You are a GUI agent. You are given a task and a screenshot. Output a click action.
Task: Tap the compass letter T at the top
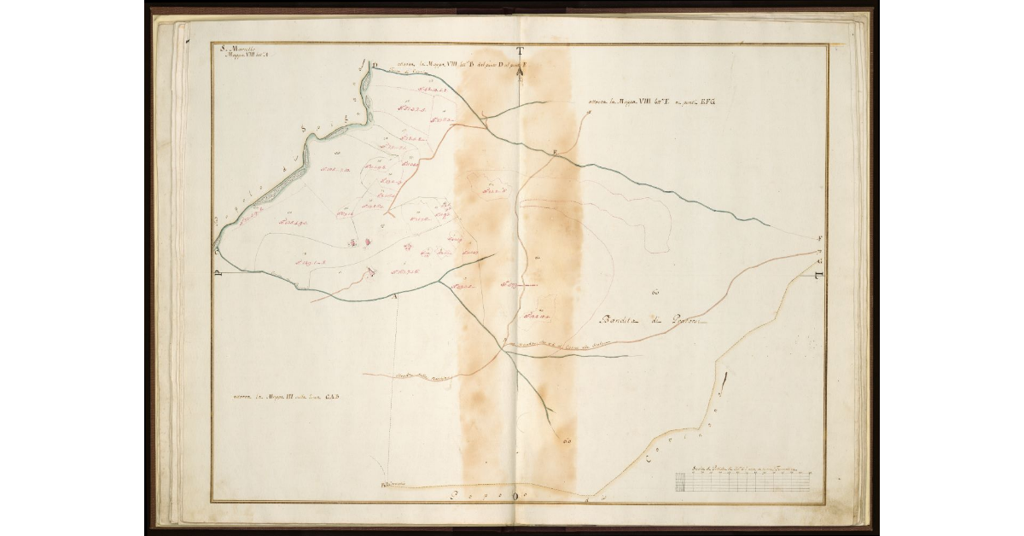point(519,52)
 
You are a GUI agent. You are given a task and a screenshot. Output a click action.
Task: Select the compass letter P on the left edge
point(218,274)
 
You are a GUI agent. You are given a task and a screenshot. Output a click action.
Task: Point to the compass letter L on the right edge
point(817,275)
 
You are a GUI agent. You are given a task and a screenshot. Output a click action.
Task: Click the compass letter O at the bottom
point(515,496)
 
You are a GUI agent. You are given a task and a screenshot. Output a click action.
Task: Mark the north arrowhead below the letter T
point(519,72)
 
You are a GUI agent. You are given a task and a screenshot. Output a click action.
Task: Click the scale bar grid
point(742,482)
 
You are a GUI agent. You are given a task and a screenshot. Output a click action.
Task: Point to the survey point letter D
point(374,65)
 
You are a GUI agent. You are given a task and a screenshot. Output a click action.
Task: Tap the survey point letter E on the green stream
point(555,153)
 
